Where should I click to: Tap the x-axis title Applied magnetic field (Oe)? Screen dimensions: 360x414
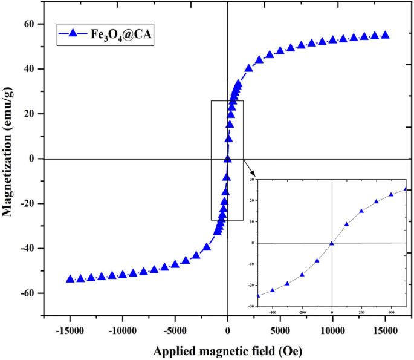[x=227, y=351]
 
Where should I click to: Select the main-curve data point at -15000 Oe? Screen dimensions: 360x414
[x=70, y=278]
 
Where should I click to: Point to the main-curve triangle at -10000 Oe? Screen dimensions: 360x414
[x=123, y=274]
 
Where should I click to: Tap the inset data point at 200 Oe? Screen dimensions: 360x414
[x=361, y=211]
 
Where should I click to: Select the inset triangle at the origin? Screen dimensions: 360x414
[x=332, y=243]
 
